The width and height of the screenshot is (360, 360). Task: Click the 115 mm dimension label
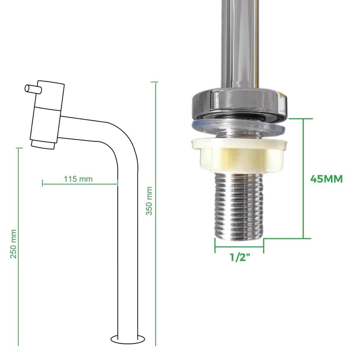pos(78,179)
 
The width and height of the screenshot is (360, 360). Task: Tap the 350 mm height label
pos(149,201)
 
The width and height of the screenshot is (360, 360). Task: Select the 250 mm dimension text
pos(14,244)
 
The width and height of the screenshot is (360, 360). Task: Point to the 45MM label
pos(326,179)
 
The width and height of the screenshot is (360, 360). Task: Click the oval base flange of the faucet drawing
pos(128,339)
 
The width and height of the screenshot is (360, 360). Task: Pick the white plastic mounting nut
pos(239,155)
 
